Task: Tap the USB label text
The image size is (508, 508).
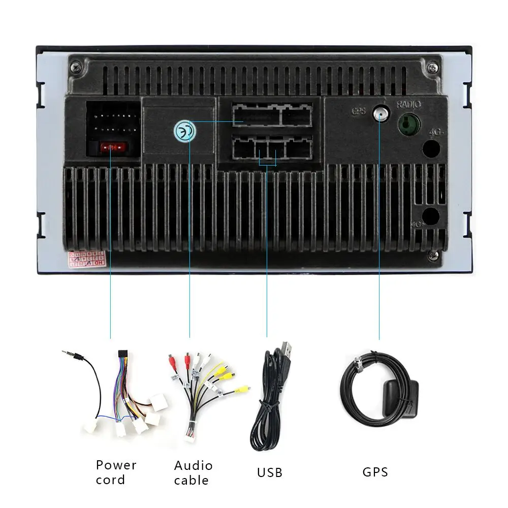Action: tap(269, 472)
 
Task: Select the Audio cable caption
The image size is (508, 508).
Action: tap(193, 472)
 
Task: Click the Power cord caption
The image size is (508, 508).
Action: tap(116, 471)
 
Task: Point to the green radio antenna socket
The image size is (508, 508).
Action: tap(408, 123)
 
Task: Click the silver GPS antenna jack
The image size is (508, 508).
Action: tap(379, 113)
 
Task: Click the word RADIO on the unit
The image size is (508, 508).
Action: tap(409, 105)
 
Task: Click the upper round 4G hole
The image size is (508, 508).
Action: tap(431, 148)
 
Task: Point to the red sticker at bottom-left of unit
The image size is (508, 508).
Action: tap(87, 258)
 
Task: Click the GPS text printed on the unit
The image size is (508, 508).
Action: tap(358, 110)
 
